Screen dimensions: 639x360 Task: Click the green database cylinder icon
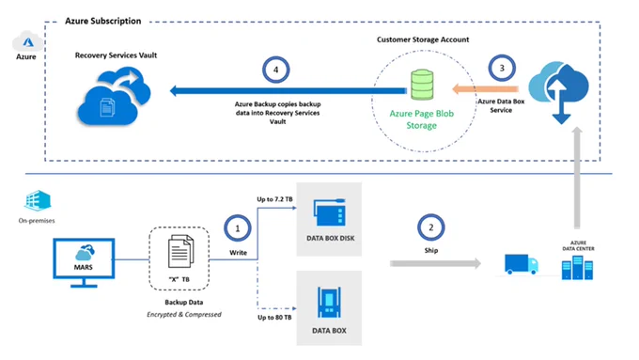tap(422, 85)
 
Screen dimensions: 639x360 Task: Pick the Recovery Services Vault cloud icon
tap(114, 96)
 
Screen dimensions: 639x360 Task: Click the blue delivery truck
tap(522, 264)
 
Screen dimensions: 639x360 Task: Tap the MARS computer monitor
tap(84, 263)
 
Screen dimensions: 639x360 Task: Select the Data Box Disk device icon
tap(329, 212)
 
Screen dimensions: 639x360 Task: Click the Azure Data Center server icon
tap(577, 268)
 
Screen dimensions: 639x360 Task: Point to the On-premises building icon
tap(38, 200)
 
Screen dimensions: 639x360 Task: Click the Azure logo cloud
tap(27, 41)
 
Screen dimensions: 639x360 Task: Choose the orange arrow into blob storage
tap(485, 89)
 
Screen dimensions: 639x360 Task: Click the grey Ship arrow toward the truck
tap(435, 263)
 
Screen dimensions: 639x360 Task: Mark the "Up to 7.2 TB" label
tap(274, 199)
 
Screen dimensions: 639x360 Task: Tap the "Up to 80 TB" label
tap(274, 317)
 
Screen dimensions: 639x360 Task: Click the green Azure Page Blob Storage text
tap(421, 119)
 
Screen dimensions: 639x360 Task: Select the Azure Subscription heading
tap(103, 22)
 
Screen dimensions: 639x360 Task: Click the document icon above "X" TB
tap(180, 251)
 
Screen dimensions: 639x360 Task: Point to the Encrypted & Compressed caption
tap(184, 314)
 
